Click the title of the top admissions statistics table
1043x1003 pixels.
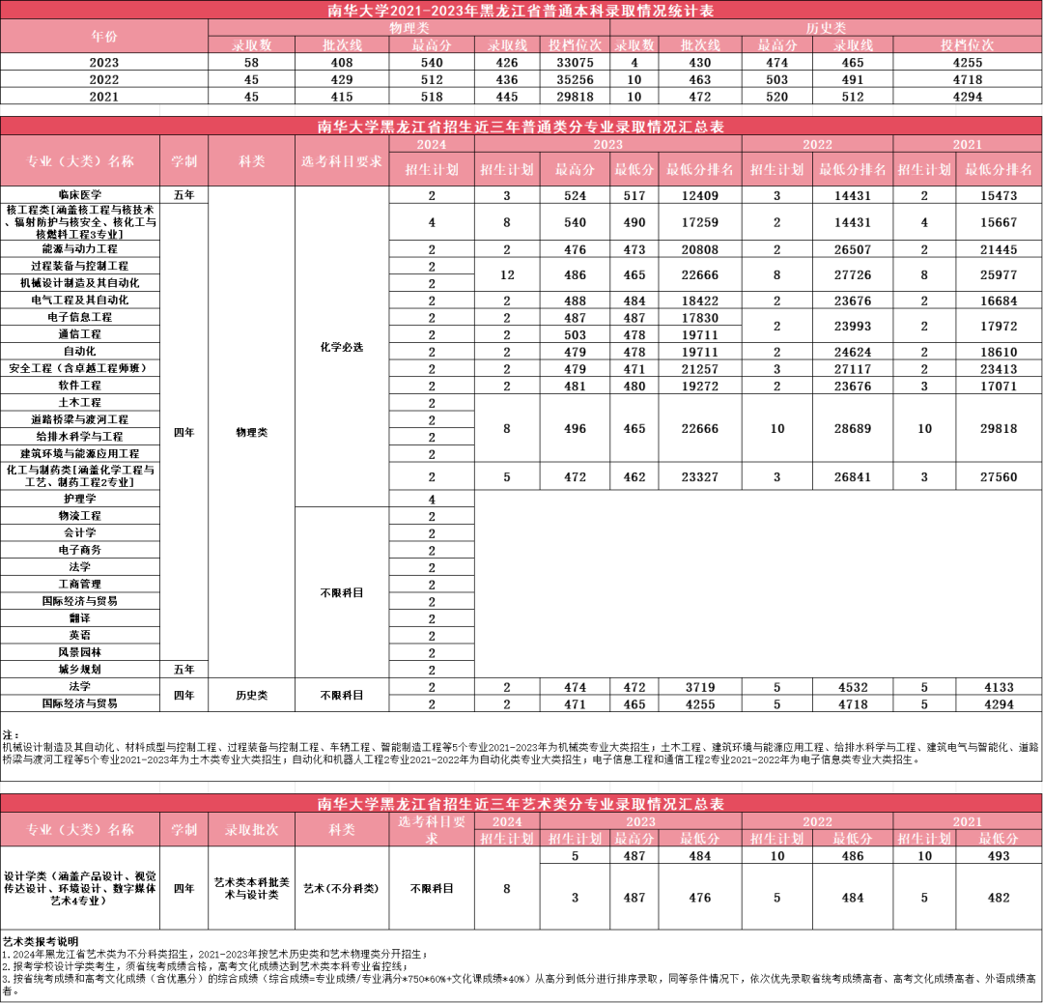pos(521,12)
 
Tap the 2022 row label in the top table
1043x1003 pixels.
pos(103,79)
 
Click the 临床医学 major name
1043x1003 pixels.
pos(79,195)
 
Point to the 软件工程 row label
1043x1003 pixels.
pos(79,385)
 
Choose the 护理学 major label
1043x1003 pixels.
pos(79,499)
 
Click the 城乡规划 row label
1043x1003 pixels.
pos(79,669)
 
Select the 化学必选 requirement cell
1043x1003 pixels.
pos(342,347)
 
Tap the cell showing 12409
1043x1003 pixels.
pos(699,195)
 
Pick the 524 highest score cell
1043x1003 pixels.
pos(575,195)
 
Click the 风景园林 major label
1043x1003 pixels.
pos(79,652)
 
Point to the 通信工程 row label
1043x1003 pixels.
pos(79,333)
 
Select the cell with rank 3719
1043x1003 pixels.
pos(699,687)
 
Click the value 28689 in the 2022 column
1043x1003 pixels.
pos(852,428)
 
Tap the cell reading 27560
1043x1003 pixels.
pos(999,476)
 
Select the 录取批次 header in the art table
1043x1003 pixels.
pos(251,830)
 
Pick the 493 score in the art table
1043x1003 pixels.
pos(999,856)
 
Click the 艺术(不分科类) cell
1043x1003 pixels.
pos(342,888)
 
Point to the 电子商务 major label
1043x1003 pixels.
pos(79,550)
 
